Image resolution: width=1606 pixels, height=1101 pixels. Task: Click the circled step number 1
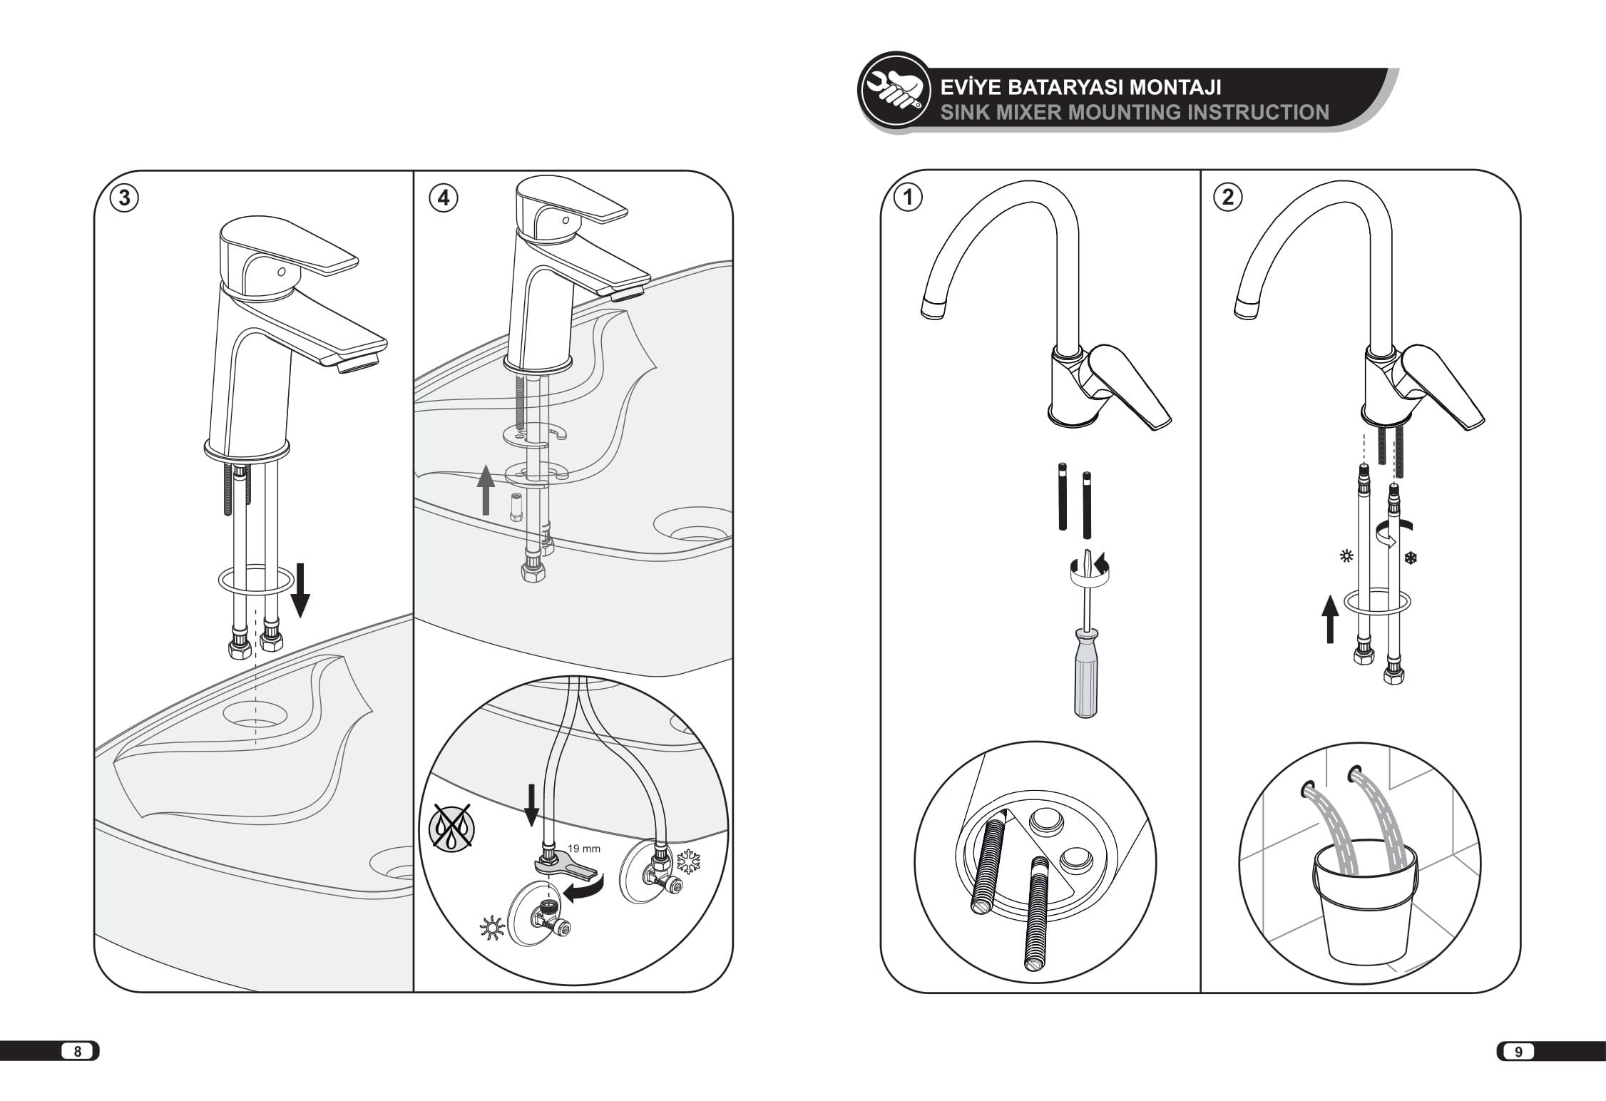909,197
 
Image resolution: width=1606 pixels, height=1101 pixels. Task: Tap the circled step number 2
1227,197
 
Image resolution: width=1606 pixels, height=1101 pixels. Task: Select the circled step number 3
124,198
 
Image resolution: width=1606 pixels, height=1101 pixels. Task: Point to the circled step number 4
444,198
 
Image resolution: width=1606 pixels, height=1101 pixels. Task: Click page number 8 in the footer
78,1051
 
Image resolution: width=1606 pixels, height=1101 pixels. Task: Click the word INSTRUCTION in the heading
1255,112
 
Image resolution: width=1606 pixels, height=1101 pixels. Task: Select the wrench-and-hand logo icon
894,91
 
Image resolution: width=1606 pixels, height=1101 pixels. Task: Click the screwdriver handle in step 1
1085,685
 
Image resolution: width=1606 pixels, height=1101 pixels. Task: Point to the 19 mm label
584,849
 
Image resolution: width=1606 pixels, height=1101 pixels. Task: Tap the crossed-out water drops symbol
453,827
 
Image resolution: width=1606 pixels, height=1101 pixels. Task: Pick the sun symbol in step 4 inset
493,929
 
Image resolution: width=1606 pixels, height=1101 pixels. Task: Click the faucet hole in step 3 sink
255,713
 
